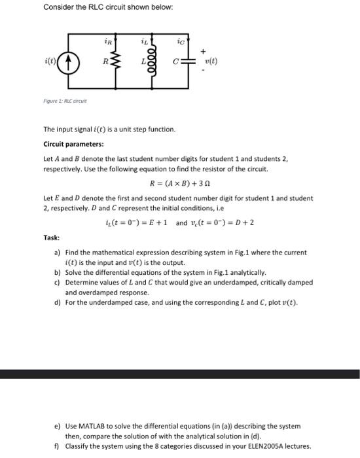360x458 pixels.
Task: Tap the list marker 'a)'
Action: (57, 252)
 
